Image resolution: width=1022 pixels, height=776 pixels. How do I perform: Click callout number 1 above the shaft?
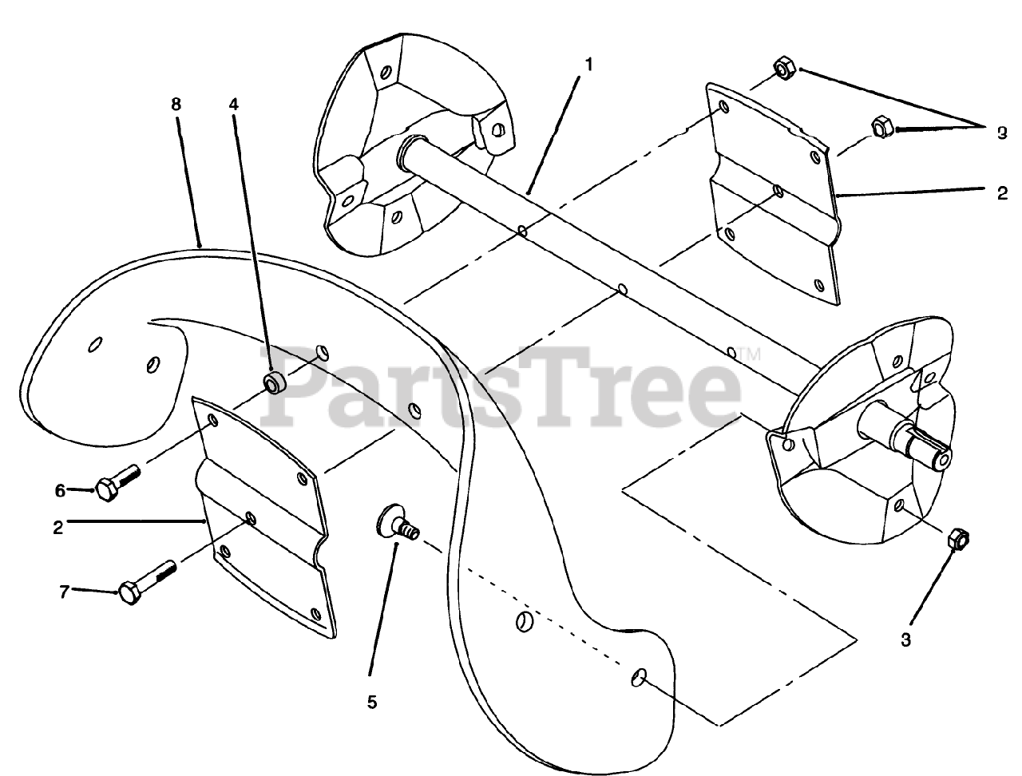[x=588, y=65]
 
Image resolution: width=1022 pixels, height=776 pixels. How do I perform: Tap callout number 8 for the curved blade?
[x=176, y=104]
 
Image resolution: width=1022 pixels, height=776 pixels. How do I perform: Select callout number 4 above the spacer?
[x=234, y=104]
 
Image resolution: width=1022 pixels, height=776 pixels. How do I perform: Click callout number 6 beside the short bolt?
[x=60, y=490]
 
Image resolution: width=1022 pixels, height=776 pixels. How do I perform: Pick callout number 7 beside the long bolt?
[x=64, y=591]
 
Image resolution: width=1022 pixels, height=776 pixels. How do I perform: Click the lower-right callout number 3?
[x=906, y=638]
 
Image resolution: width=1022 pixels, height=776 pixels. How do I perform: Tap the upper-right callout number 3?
[x=1002, y=133]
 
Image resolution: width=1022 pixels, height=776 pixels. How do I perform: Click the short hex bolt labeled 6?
[x=118, y=481]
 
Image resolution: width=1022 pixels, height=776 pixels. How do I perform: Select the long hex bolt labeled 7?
[x=148, y=582]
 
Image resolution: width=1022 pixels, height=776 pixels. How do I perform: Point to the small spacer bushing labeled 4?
[x=275, y=382]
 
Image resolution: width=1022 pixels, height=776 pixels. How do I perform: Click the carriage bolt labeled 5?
[x=396, y=526]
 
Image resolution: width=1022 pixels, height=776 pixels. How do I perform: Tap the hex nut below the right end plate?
[x=958, y=539]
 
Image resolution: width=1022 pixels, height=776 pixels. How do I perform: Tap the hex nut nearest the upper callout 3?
[x=881, y=126]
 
